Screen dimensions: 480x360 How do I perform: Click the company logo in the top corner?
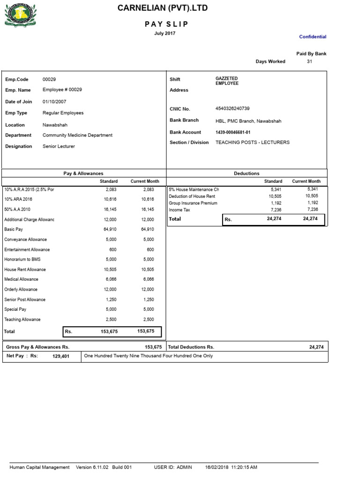pyautogui.click(x=20, y=15)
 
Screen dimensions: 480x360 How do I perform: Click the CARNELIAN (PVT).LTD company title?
pyautogui.click(x=163, y=8)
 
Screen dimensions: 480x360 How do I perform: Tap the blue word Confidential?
pyautogui.click(x=313, y=37)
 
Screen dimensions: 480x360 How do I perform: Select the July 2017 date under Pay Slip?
pyautogui.click(x=165, y=33)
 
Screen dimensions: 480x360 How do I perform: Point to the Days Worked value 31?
pyautogui.click(x=309, y=61)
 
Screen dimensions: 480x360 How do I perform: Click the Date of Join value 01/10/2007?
pyautogui.click(x=54, y=101)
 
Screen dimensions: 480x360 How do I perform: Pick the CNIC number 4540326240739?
pyautogui.click(x=232, y=108)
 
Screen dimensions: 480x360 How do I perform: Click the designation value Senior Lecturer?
pyautogui.click(x=59, y=146)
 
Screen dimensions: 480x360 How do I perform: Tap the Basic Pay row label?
pyautogui.click(x=14, y=230)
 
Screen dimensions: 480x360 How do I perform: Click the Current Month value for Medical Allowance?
pyautogui.click(x=147, y=279)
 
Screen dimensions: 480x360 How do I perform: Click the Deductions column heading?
pyautogui.click(x=247, y=173)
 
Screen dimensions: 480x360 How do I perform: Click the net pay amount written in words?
pyautogui.click(x=148, y=356)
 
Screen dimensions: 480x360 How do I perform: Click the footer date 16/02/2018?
pyautogui.click(x=217, y=467)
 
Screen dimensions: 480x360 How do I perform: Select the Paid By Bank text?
pyautogui.click(x=311, y=54)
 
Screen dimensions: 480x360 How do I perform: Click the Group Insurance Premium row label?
pyautogui.click(x=193, y=203)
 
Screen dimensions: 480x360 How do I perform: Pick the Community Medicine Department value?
pyautogui.click(x=77, y=135)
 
